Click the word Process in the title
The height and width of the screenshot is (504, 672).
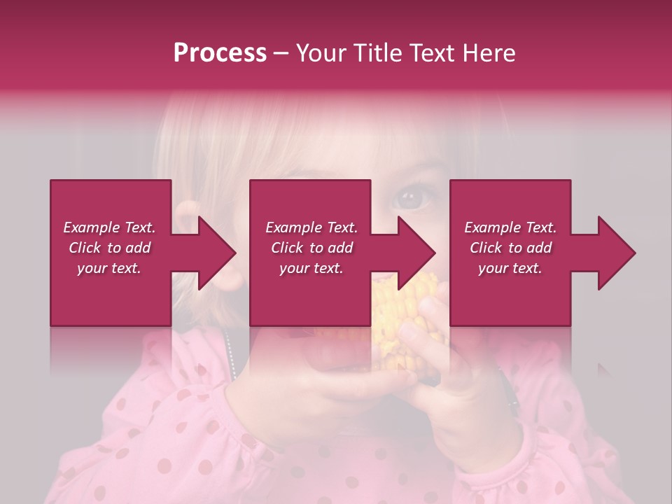(x=220, y=53)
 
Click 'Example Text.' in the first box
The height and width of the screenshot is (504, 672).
(x=109, y=227)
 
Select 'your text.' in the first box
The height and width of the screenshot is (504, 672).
(x=109, y=268)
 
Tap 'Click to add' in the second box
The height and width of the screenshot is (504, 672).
(x=311, y=248)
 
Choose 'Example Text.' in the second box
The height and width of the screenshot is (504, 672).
(x=311, y=227)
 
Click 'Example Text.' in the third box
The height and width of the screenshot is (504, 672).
(x=510, y=227)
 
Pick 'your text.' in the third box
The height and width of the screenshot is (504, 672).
(x=510, y=268)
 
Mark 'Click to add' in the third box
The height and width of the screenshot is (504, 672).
(x=510, y=248)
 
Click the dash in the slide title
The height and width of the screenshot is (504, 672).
(x=281, y=54)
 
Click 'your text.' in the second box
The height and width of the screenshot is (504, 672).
(x=311, y=268)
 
